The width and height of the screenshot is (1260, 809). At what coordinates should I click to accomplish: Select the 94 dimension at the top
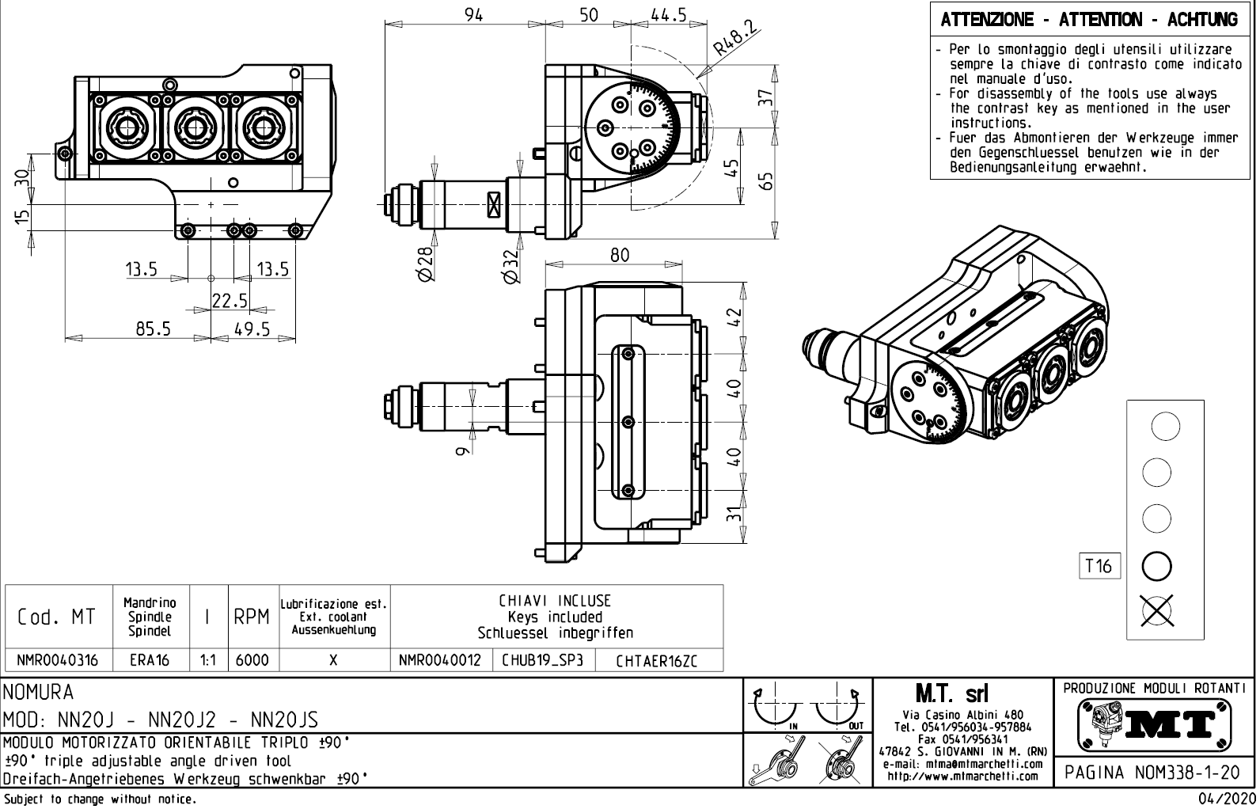tap(473, 14)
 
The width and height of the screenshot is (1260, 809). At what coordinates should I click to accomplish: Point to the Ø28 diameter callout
tap(425, 264)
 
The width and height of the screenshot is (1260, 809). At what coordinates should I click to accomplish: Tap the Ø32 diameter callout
tap(511, 265)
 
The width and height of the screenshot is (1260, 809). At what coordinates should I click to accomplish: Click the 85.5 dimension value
tap(153, 329)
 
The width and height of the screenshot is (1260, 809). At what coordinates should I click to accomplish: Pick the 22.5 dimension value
tap(230, 301)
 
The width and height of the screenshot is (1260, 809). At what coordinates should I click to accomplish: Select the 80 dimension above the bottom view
tap(620, 255)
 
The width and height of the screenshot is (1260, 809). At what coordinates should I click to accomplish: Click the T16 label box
tap(1099, 566)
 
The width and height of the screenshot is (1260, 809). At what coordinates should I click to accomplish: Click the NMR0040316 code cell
tap(58, 660)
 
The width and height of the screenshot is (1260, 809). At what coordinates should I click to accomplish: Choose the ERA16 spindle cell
tap(150, 660)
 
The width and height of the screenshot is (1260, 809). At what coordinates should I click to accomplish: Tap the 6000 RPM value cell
tap(252, 660)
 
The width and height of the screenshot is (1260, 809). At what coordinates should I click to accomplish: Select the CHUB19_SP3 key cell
tap(542, 660)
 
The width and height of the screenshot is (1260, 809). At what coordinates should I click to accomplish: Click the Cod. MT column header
tap(56, 617)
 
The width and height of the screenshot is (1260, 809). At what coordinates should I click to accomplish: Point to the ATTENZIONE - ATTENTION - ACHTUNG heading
tap(1089, 20)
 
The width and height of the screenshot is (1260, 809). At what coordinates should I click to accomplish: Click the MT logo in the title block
tap(1155, 723)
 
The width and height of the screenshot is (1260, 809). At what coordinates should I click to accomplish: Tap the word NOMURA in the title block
tap(39, 693)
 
